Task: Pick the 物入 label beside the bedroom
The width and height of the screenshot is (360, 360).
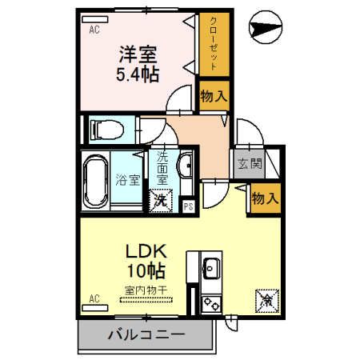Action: click(x=214, y=96)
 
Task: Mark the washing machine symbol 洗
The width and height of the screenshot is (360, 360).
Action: click(x=161, y=199)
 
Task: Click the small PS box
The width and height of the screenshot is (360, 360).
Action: click(x=188, y=205)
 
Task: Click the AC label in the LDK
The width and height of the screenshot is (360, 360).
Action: click(x=94, y=299)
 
